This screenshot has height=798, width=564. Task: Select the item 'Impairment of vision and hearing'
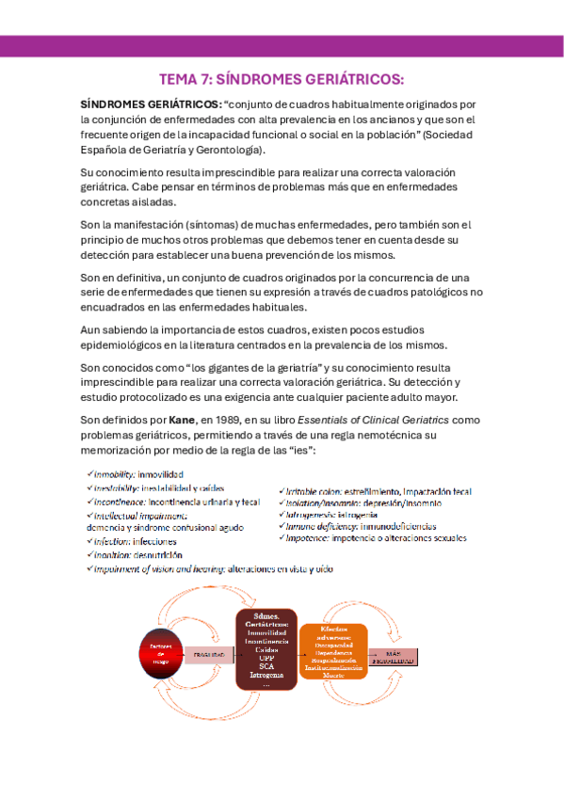213,568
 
